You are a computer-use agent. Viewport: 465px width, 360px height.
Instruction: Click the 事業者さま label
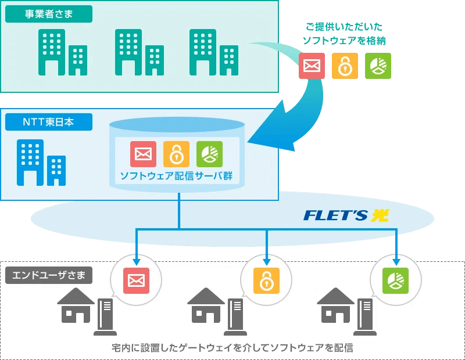pyautogui.click(x=49, y=14)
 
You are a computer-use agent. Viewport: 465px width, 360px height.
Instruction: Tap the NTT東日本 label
pyautogui.click(x=48, y=122)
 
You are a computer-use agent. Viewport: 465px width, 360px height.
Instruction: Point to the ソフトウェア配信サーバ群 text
pyautogui.click(x=176, y=175)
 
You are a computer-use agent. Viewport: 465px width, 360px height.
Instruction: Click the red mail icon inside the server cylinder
pyautogui.click(x=142, y=154)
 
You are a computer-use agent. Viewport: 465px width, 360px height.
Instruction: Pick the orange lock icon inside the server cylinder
pyautogui.click(x=176, y=154)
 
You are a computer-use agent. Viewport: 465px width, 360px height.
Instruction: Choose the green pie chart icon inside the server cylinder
pyautogui.click(x=209, y=154)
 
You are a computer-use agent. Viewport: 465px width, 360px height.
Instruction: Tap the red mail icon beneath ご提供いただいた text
pyautogui.click(x=312, y=66)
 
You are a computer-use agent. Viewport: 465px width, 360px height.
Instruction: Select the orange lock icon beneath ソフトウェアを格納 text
pyautogui.click(x=345, y=66)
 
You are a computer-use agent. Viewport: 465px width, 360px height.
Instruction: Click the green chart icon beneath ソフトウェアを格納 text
pyautogui.click(x=378, y=66)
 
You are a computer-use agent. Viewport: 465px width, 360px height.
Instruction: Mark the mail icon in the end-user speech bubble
pyautogui.click(x=136, y=280)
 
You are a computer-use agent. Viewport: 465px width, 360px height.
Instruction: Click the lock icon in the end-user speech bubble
pyautogui.click(x=266, y=280)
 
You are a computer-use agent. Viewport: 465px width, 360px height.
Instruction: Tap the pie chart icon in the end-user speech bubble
pyautogui.click(x=395, y=280)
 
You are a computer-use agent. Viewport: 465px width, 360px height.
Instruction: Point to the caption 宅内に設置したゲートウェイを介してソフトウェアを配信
pyautogui.click(x=233, y=348)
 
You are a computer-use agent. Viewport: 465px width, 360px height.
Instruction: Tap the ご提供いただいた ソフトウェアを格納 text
pyautogui.click(x=344, y=34)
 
